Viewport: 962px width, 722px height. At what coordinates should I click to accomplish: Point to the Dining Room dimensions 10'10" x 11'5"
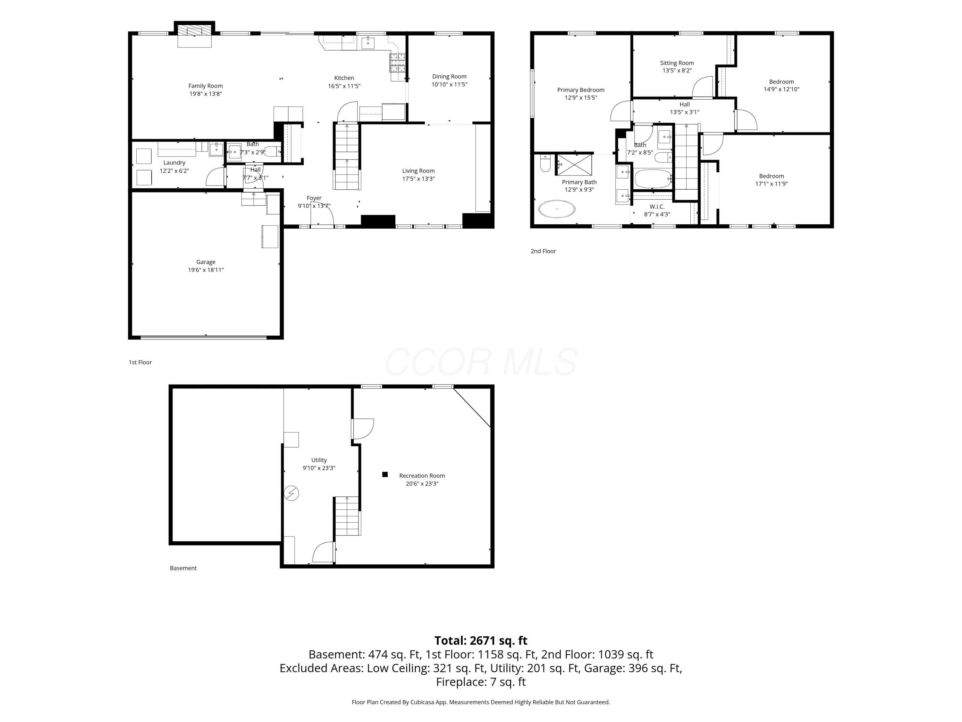[449, 84]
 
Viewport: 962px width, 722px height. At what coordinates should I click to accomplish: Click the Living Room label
[418, 171]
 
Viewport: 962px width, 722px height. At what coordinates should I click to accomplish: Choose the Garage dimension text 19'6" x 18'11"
[206, 270]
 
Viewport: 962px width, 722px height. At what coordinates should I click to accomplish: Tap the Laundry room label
[174, 163]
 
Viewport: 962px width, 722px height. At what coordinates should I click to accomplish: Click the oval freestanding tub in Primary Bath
[557, 209]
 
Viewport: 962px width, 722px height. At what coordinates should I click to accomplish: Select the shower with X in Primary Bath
[575, 165]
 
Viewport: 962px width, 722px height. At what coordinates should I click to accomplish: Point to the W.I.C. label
[657, 207]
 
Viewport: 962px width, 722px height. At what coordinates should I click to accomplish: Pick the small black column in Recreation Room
[385, 474]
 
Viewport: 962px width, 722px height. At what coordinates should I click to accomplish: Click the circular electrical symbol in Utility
[291, 493]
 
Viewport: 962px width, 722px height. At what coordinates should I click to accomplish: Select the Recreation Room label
[422, 476]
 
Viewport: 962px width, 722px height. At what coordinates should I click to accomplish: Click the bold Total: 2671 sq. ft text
[481, 640]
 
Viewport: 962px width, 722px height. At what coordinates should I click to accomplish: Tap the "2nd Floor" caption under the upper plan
[543, 251]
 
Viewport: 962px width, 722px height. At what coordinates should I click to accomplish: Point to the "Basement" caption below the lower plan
[183, 568]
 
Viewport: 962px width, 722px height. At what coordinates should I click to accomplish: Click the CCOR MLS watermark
[481, 362]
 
